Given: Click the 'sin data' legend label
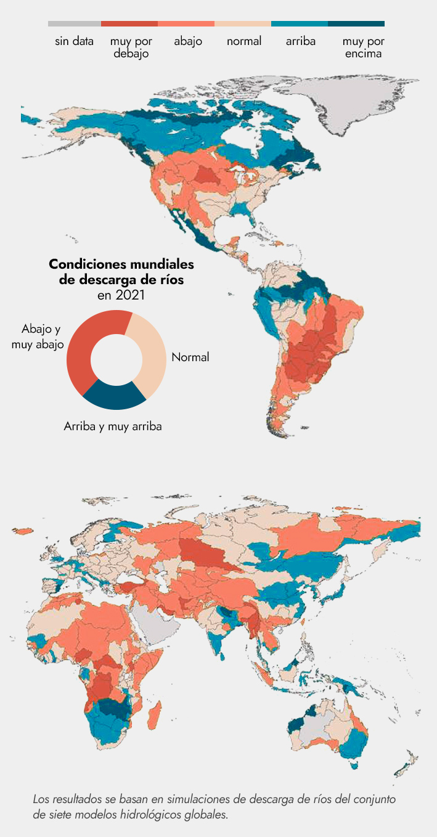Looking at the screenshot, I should [74, 42].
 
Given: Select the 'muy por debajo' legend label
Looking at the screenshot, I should [131, 47].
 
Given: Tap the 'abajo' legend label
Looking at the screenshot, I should [188, 42].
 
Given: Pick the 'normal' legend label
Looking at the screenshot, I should [244, 42].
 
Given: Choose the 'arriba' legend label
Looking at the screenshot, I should [301, 42].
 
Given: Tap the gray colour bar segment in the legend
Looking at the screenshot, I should [74, 24].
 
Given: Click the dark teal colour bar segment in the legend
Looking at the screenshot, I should [356, 24].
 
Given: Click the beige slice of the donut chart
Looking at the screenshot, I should [152, 351].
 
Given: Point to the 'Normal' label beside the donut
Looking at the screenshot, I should [190, 357].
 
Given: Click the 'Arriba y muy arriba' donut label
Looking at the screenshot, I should [113, 426].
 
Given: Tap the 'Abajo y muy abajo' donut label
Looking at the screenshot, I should [38, 337].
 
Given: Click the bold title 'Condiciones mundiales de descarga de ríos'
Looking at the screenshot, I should [121, 272].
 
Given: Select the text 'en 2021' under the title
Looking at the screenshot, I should [121, 295].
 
